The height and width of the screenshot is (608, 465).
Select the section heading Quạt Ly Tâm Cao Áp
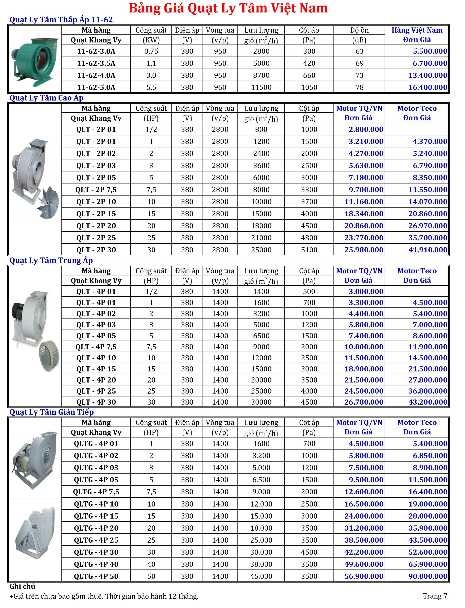(46, 98)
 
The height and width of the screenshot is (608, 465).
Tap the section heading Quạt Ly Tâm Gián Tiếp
(52, 412)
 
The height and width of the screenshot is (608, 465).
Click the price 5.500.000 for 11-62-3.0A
(430, 51)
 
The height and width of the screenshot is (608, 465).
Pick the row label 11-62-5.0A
(96, 87)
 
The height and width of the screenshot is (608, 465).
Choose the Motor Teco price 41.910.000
(428, 250)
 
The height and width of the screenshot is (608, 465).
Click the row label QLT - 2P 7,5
(96, 190)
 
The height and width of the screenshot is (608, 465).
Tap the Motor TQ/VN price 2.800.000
(366, 129)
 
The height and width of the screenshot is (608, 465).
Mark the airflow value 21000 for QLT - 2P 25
(261, 238)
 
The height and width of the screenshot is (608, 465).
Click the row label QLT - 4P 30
(96, 402)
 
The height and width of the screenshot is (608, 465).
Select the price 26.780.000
(364, 402)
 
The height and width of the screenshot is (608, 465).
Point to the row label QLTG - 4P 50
(96, 576)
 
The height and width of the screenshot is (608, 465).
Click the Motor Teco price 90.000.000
(428, 576)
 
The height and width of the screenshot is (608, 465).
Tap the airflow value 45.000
(261, 576)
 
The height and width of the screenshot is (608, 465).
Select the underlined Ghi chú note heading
(22, 586)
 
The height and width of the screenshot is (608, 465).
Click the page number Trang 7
(435, 596)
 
